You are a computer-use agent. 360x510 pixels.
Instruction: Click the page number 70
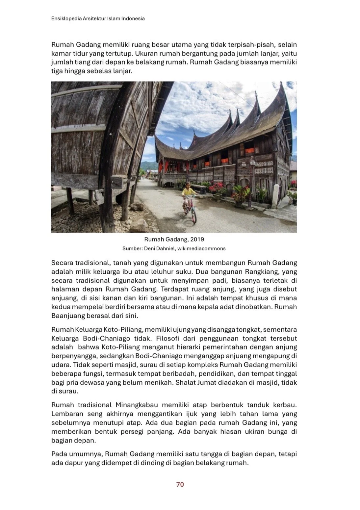point(180,484)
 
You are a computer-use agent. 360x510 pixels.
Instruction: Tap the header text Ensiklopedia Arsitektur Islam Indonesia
point(98,19)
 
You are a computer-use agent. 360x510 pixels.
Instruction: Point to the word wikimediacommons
point(201,248)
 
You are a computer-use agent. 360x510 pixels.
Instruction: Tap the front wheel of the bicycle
point(193,216)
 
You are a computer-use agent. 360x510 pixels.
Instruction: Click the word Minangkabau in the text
point(136,405)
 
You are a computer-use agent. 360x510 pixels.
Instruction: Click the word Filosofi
point(168,338)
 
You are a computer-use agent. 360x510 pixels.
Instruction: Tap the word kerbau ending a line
point(286,405)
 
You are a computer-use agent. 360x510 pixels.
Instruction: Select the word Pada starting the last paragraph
point(60,454)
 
